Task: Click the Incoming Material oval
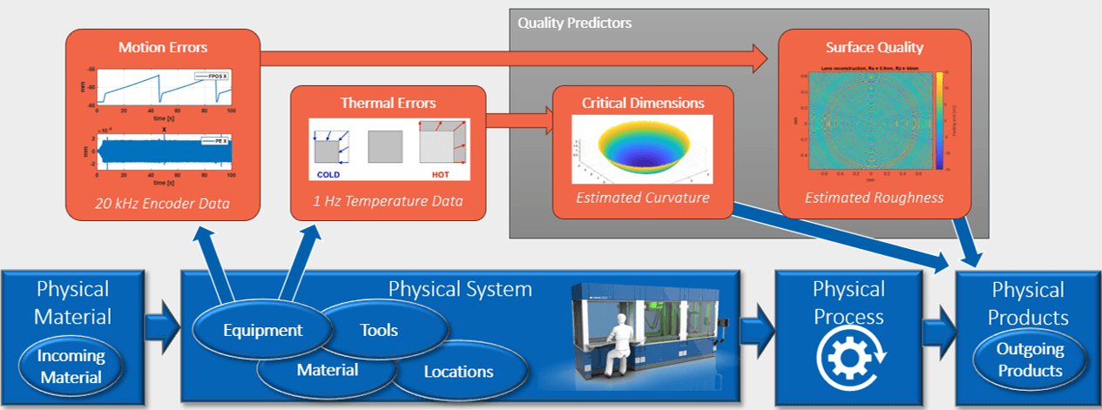click(x=70, y=366)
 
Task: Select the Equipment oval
click(x=262, y=330)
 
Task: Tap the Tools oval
click(x=379, y=330)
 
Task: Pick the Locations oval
click(x=458, y=372)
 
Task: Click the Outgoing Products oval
click(x=1031, y=360)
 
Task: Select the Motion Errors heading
click(x=163, y=49)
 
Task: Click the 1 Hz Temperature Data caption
click(x=388, y=202)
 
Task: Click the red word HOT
click(x=441, y=173)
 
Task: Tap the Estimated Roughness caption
click(x=874, y=198)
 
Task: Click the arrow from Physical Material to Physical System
click(x=160, y=328)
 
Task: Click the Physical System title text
click(x=459, y=288)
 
